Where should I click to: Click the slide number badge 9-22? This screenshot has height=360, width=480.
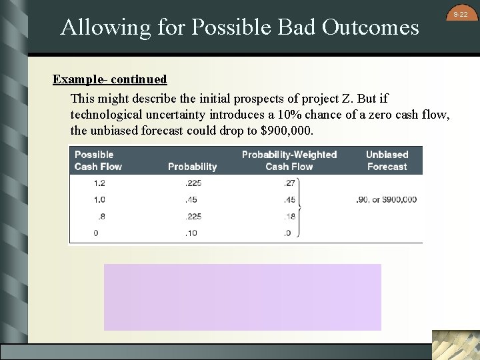[x=461, y=14]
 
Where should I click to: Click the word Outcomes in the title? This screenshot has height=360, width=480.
[x=370, y=27]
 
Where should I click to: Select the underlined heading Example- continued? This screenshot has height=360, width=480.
[x=110, y=79]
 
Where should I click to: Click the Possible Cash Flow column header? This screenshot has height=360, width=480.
[x=98, y=161]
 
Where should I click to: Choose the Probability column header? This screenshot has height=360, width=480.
[x=192, y=167]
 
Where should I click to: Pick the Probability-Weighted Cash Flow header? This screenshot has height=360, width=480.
[x=289, y=161]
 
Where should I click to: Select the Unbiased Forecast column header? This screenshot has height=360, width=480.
[x=387, y=161]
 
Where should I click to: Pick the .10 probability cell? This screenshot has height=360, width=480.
[x=193, y=233]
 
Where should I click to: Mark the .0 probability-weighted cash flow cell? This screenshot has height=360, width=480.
[x=288, y=233]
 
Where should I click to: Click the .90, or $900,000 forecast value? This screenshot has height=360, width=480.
[x=387, y=199]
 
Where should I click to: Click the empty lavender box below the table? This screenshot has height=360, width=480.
[x=243, y=297]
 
